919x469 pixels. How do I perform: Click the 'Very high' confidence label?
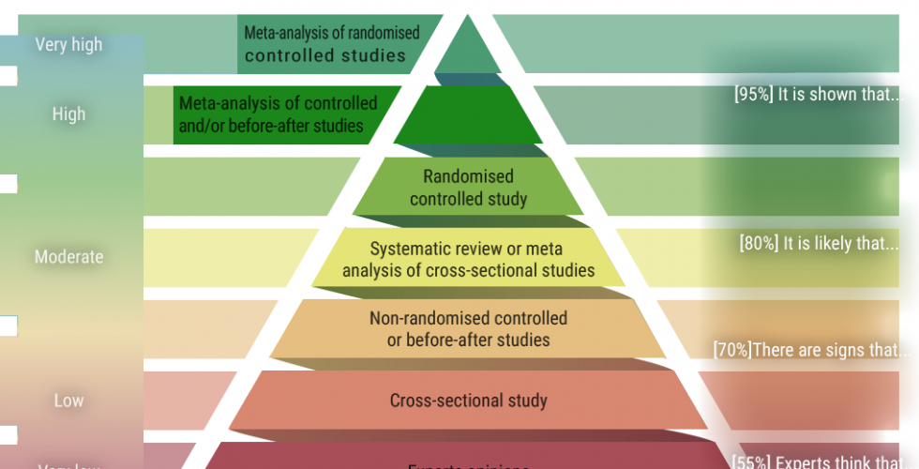point(68,44)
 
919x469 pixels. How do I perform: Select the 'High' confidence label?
point(68,113)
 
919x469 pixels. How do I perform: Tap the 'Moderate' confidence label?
point(68,256)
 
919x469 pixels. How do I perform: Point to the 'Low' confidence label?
point(68,401)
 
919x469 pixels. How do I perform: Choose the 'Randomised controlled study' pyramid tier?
point(468,188)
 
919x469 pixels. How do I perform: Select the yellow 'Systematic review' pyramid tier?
point(468,260)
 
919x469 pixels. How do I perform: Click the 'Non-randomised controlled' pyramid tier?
point(468,329)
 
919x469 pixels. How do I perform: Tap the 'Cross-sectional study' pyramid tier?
point(468,401)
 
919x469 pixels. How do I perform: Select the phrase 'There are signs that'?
point(830,350)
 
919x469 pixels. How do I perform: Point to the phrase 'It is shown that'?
point(836,95)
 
